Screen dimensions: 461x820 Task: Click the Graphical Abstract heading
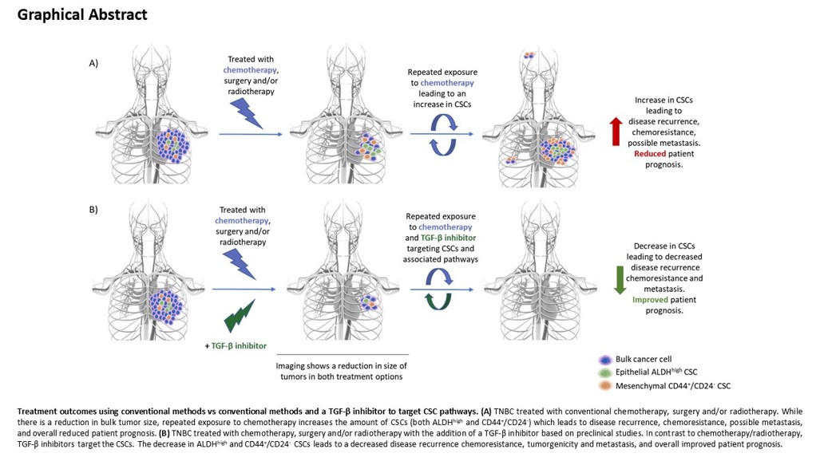[x=82, y=14]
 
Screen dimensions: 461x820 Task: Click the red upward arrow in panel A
[x=615, y=131]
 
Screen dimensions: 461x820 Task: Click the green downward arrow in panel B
[x=618, y=278]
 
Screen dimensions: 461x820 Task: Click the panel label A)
[x=94, y=63]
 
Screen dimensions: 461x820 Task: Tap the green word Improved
[x=651, y=300]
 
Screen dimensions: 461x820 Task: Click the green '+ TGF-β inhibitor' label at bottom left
[x=234, y=346]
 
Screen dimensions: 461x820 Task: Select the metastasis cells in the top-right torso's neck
[x=529, y=56]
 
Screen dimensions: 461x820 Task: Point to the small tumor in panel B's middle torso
[x=368, y=302]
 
